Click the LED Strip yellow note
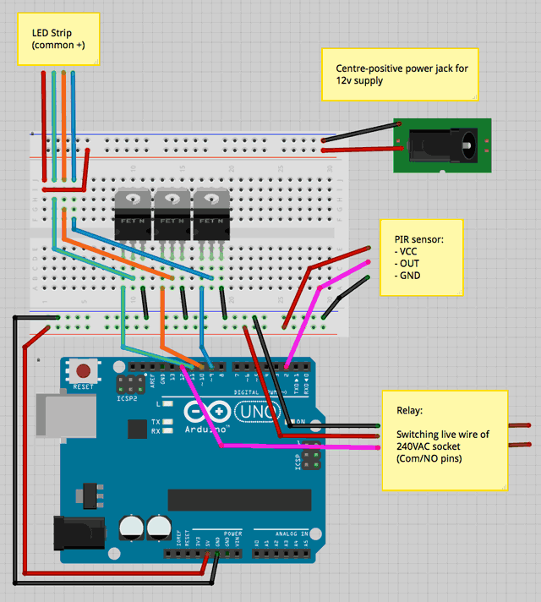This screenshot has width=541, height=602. tap(58, 39)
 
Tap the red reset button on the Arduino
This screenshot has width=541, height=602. tap(84, 370)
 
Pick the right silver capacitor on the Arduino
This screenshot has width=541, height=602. tap(157, 528)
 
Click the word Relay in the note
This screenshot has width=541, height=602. tap(410, 412)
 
